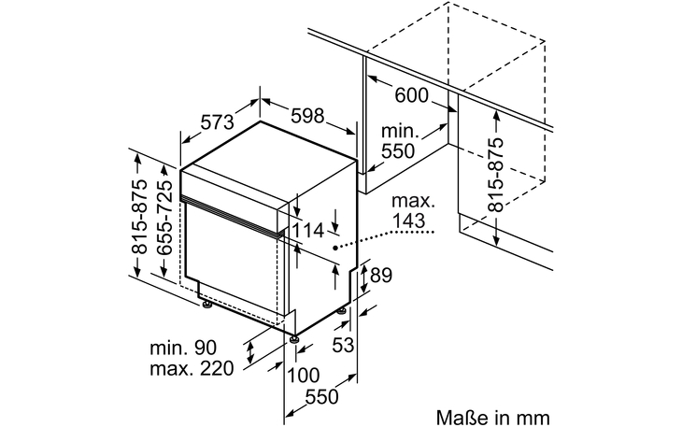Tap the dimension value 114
tap(307, 230)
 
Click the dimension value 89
tap(379, 276)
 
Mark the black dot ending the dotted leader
tap(336, 249)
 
